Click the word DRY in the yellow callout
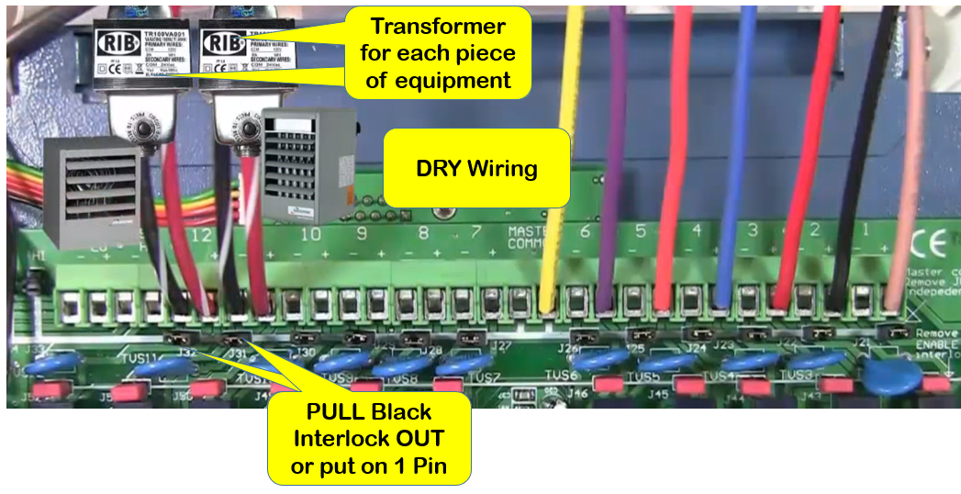coord(439,169)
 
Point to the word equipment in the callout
coord(452,80)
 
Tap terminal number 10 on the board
coord(311,234)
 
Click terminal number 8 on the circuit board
coord(422,233)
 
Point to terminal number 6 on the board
coord(585,231)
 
